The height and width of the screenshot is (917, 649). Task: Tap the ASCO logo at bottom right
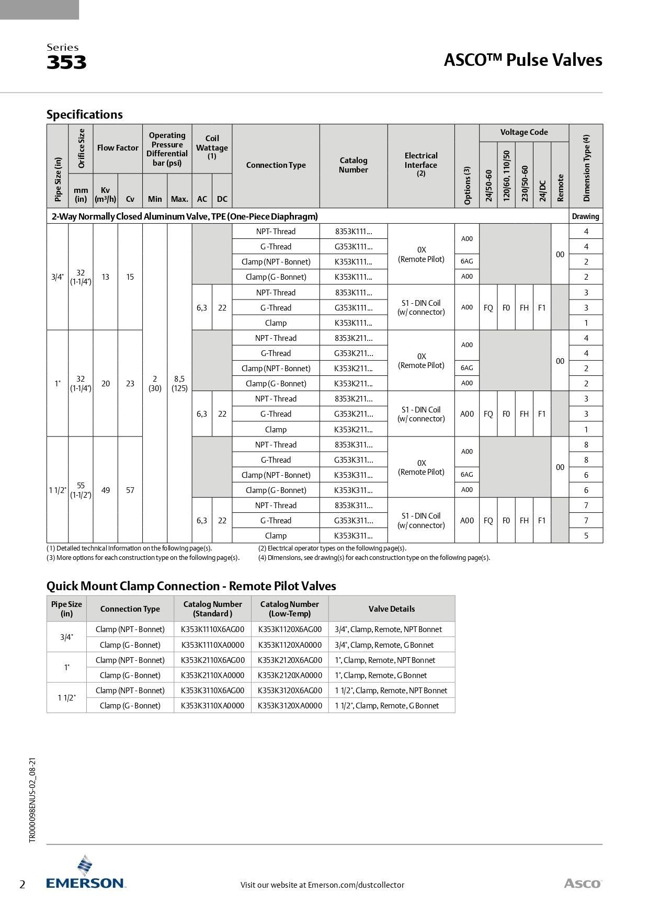coord(583,884)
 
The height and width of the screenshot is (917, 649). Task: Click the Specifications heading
coord(85,114)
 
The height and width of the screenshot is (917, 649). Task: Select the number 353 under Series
coord(66,63)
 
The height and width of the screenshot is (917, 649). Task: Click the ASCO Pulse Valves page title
coord(522,60)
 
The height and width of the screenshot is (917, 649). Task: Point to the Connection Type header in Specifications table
coord(276,165)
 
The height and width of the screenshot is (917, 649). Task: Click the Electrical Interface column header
coord(421,161)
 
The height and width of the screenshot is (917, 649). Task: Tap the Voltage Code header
coord(524,132)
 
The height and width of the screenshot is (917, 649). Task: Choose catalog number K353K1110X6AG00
coord(212,629)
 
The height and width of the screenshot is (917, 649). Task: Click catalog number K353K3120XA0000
coord(290,705)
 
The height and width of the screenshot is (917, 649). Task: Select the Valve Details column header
coord(392,609)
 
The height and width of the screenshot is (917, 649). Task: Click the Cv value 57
coord(130,490)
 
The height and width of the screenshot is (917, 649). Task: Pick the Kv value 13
coord(106,277)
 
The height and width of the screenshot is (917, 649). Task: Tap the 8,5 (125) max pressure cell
coord(179,383)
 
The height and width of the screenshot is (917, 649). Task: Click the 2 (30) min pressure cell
coord(155,383)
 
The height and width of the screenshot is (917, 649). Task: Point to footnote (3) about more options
coord(143,557)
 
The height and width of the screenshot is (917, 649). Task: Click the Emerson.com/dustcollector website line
coord(322,885)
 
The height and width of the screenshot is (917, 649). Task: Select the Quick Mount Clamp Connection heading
coord(191,586)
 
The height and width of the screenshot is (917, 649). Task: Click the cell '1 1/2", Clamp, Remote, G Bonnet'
coord(387,705)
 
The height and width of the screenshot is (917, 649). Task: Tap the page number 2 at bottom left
coord(22,885)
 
